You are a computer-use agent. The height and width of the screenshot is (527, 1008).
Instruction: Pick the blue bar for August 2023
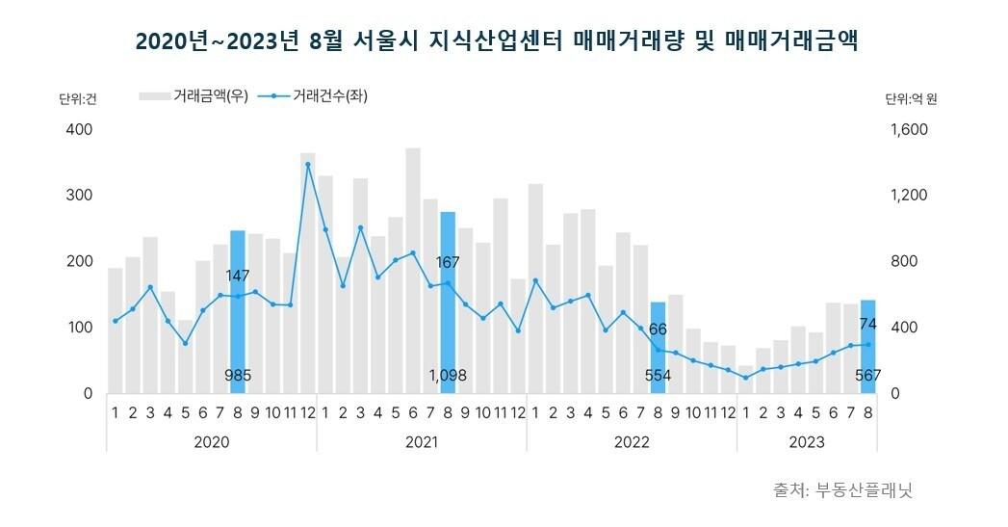tap(867, 346)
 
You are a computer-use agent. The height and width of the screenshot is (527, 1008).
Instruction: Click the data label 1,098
tap(448, 376)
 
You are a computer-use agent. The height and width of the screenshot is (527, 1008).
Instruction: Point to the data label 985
tap(238, 376)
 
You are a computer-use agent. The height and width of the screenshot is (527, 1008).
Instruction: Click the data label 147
tap(238, 277)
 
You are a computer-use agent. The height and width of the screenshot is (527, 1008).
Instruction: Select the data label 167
tap(448, 262)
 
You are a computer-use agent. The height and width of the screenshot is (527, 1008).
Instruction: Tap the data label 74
tap(867, 324)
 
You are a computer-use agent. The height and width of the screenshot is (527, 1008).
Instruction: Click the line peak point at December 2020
tap(308, 165)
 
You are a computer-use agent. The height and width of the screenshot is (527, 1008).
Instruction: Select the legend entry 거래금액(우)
tap(194, 95)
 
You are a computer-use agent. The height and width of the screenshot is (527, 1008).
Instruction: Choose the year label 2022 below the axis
tap(631, 442)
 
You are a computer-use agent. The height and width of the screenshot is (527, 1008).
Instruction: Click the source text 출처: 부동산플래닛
tap(842, 489)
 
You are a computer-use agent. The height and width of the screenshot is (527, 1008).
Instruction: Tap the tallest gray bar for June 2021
tap(413, 271)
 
